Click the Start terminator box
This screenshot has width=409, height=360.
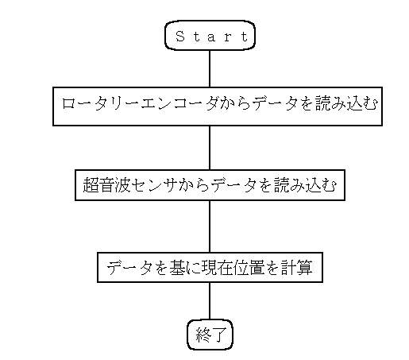coord(210,35)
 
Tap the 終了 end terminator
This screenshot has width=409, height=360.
coord(210,335)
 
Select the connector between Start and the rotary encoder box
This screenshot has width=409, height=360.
coord(210,68)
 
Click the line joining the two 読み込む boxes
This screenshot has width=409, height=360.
coord(210,148)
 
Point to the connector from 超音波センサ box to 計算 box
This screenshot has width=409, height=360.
coord(210,226)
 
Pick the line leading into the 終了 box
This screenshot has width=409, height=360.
coord(210,301)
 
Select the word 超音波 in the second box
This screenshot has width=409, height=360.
coord(106,184)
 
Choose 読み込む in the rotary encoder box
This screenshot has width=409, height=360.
coord(346,103)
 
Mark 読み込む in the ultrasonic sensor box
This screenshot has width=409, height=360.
coord(306,184)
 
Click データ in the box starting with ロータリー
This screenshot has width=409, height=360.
coord(275,103)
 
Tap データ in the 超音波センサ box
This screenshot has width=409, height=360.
coord(233,184)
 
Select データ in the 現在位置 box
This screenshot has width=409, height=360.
coord(129,268)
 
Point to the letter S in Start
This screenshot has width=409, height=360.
coord(180,36)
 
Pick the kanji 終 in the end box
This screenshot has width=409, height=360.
coord(203,335)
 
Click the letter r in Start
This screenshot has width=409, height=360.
coord(228,37)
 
